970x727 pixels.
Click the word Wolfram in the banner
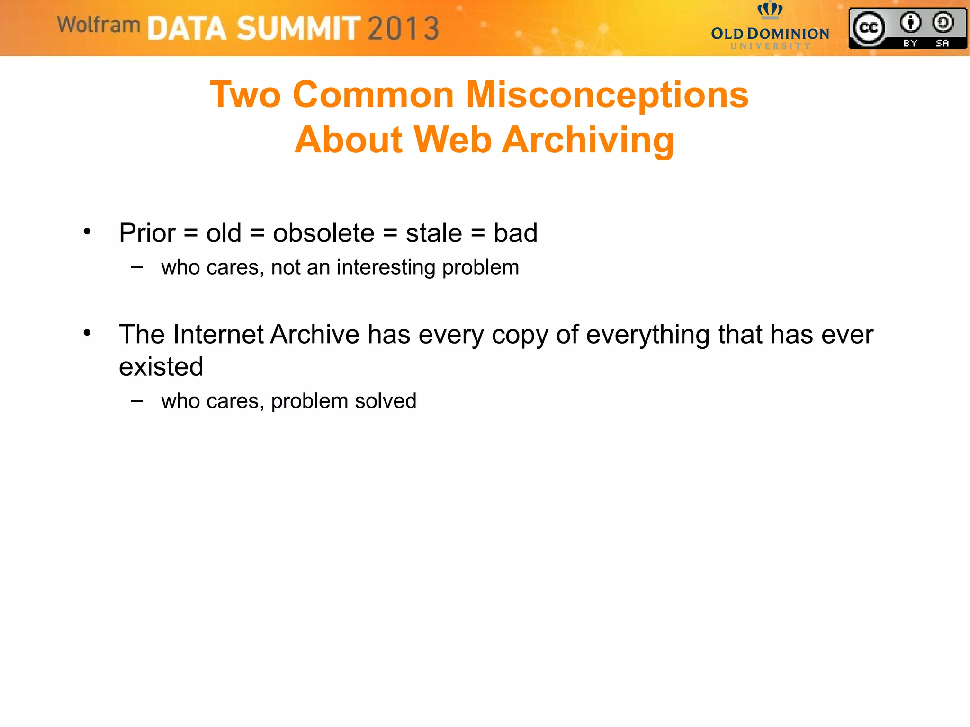pos(99,25)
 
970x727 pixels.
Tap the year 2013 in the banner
pos(404,28)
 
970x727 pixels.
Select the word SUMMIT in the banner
pos(298,28)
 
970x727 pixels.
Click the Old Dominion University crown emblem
pos(770,9)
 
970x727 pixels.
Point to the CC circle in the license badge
pos(868,28)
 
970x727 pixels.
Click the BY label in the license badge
pos(910,44)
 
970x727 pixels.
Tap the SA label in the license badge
pos(943,44)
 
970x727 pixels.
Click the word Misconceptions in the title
pos(607,95)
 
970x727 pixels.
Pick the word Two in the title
pos(245,95)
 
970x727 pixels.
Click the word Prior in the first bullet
pos(147,233)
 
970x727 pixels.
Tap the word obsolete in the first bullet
pos(323,233)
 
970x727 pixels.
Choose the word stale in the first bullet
pos(434,233)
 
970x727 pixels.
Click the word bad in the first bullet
pos(515,233)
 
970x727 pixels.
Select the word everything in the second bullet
pos(647,335)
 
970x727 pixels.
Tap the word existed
pos(161,367)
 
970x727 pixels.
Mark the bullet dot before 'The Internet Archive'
pos(87,333)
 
